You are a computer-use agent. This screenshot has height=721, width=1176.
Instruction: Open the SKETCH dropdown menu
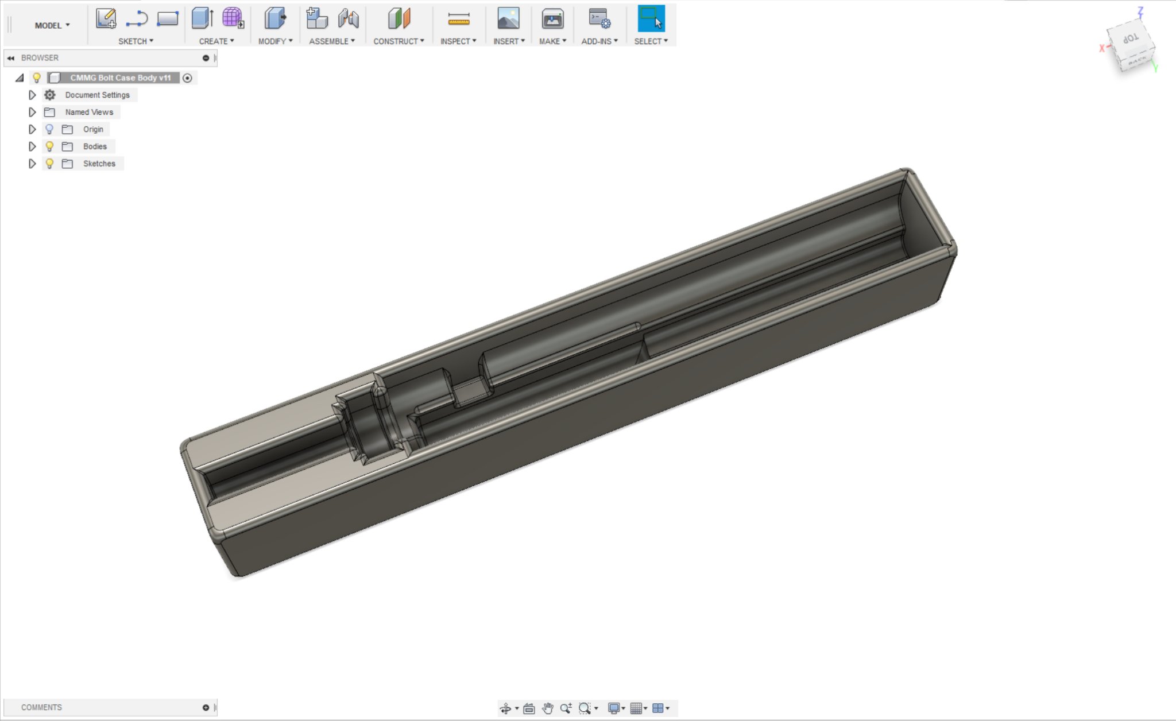[x=136, y=41]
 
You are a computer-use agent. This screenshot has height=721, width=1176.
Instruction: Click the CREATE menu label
[x=216, y=41]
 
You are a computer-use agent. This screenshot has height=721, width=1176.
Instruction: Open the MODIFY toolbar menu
[x=275, y=41]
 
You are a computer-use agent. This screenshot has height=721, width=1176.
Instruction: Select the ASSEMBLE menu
[x=332, y=41]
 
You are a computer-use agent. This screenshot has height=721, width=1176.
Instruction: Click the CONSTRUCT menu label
[x=399, y=41]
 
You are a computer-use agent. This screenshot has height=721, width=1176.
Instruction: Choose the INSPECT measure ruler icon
[x=458, y=19]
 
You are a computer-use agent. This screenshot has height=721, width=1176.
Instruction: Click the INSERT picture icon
[x=508, y=19]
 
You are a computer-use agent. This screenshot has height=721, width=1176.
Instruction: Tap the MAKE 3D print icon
[x=552, y=19]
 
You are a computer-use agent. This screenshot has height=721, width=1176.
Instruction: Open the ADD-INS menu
[x=599, y=41]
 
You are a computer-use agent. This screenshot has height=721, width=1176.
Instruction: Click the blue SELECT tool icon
[x=651, y=19]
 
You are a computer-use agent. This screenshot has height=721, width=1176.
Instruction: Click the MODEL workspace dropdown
[x=52, y=25]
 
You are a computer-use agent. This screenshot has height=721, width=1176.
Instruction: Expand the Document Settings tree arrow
[x=32, y=95]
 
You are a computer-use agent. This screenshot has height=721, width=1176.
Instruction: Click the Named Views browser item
[x=89, y=112]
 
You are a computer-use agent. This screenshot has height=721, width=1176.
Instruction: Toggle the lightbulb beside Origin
[x=49, y=129]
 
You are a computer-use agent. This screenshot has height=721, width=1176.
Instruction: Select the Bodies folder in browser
[x=95, y=146]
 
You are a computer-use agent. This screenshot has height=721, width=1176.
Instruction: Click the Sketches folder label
[x=99, y=164]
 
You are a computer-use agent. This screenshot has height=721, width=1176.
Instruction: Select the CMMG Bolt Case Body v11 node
[x=120, y=77]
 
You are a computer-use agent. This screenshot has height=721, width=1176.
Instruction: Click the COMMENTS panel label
[x=41, y=707]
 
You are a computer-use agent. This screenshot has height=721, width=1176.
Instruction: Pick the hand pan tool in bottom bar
[x=547, y=708]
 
